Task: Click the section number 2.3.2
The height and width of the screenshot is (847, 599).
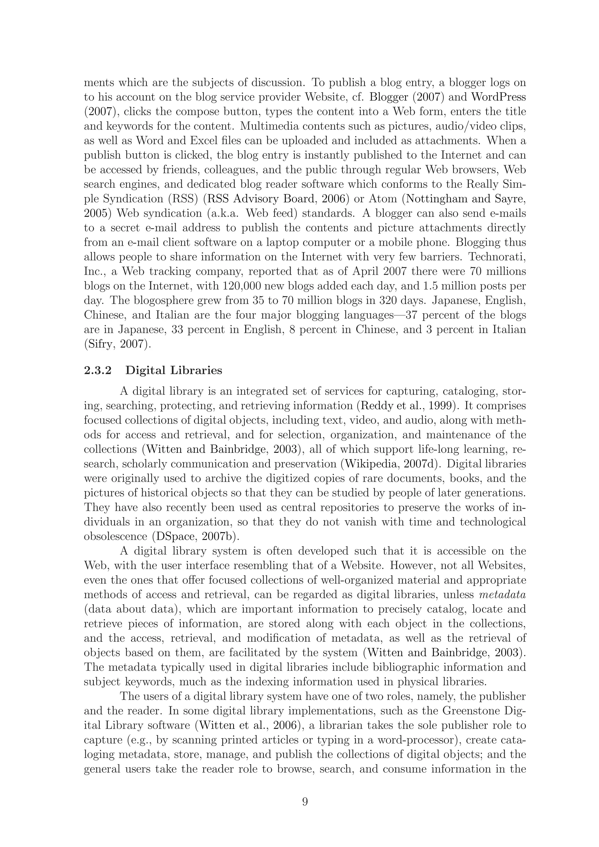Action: (x=98, y=370)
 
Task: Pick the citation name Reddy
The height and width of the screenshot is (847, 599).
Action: (x=376, y=406)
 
